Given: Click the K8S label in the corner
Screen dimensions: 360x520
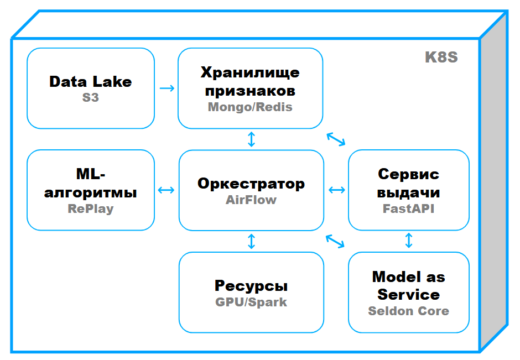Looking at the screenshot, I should point(441,58).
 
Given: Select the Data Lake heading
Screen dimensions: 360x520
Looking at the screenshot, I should point(91,82).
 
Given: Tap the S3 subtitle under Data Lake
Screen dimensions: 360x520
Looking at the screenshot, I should point(90,98).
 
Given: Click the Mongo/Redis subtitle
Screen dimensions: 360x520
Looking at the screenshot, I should point(250,107).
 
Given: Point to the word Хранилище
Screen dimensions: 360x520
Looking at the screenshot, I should point(250,72).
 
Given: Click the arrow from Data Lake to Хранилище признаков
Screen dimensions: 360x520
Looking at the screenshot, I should point(167,88).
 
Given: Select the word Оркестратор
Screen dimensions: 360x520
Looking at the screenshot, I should point(251,184).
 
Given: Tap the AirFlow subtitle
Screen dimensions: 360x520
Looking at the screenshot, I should point(251,200).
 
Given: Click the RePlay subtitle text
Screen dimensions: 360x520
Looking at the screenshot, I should point(91,209).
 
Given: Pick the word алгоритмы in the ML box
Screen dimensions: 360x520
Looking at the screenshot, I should point(91,192).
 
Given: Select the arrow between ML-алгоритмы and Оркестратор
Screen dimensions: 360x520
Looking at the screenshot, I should point(167,190).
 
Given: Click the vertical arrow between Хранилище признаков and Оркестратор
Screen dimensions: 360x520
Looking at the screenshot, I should point(252,139).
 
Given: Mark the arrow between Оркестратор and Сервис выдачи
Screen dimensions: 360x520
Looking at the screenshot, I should point(336,190).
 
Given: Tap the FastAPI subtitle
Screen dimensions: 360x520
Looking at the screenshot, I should point(408,209).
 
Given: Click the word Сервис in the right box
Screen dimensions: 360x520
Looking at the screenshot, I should point(408,175).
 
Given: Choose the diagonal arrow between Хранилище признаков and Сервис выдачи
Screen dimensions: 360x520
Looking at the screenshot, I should point(336,139).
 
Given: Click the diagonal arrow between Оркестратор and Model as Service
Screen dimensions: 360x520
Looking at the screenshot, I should point(336,241).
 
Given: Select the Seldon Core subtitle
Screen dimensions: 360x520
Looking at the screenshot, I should point(408,311).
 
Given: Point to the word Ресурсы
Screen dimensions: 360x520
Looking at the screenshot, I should point(251,286).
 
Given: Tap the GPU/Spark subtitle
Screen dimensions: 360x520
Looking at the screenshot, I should point(251,302).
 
